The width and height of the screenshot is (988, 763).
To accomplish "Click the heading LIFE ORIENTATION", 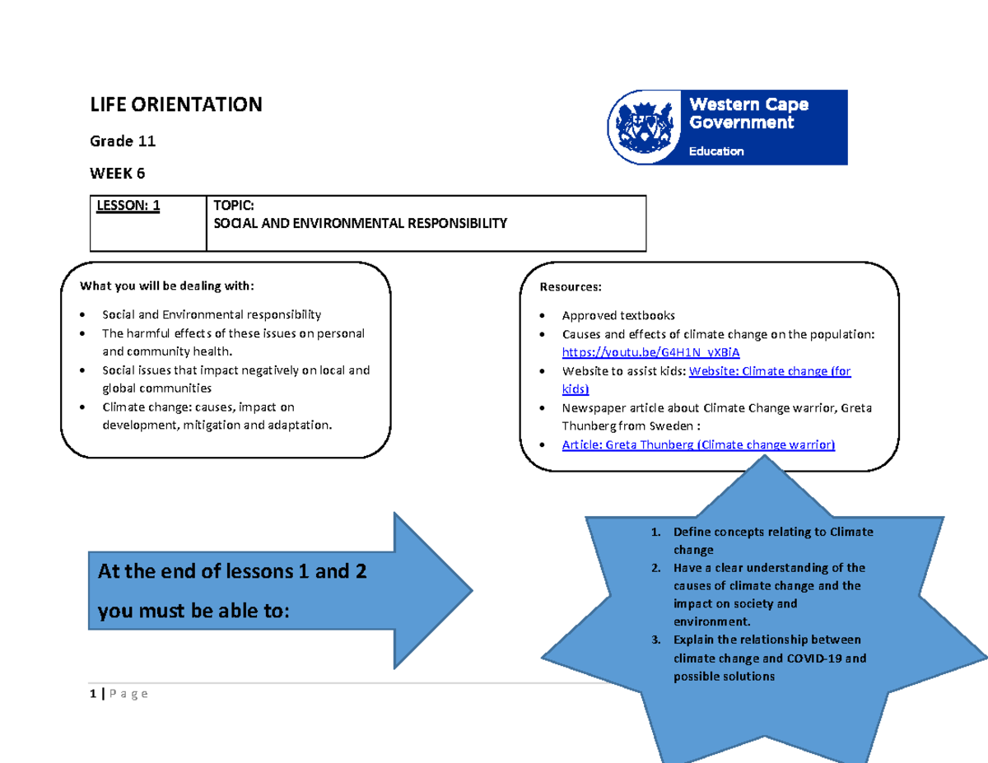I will (x=175, y=105).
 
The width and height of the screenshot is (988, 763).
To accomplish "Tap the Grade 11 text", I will (x=123, y=142).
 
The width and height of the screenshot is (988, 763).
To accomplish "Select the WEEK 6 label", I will (x=120, y=174).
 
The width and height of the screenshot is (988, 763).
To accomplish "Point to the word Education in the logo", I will (x=715, y=151).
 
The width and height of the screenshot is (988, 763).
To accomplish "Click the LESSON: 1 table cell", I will (x=128, y=207).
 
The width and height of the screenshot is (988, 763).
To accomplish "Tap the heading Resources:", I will (x=570, y=287).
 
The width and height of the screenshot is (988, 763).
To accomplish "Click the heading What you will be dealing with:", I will (x=167, y=286).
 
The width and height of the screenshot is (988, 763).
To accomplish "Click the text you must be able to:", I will (x=193, y=612).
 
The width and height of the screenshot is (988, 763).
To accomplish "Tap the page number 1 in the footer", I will (x=94, y=694).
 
